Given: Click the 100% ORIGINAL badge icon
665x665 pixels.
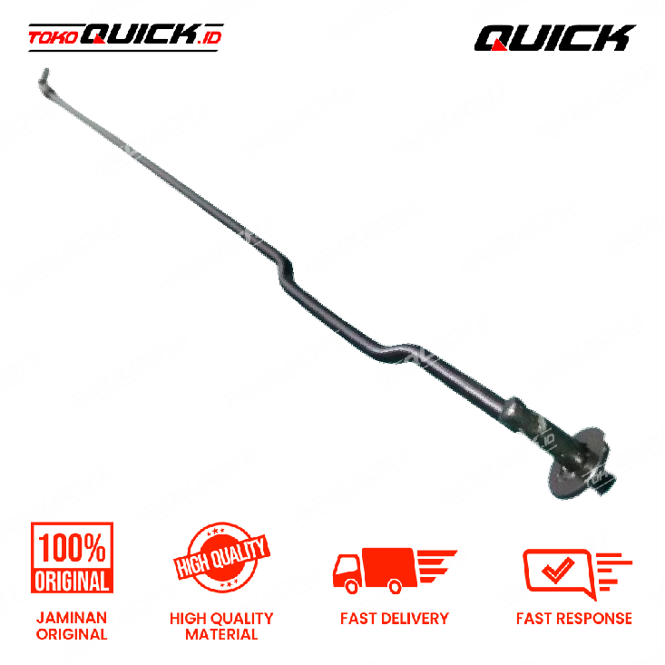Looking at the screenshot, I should coord(72,559).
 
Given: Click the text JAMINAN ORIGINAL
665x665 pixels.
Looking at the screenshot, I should coord(72,626).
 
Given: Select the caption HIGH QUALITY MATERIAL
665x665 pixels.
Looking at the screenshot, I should coord(221,626).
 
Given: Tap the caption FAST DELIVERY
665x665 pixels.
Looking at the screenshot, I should coord(394,619).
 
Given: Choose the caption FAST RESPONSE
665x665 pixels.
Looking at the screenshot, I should coord(574,619).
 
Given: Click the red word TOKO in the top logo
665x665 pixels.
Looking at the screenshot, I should coord(52,38).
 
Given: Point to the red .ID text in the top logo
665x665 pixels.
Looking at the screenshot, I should coord(210,37).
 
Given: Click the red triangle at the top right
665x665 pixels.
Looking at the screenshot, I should coord(499,44).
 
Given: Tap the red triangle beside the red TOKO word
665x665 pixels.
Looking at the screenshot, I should coord(98,39).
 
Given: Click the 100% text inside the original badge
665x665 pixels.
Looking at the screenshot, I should coord(72,547).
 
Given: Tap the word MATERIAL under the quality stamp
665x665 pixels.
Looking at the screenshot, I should coord(221,634).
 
